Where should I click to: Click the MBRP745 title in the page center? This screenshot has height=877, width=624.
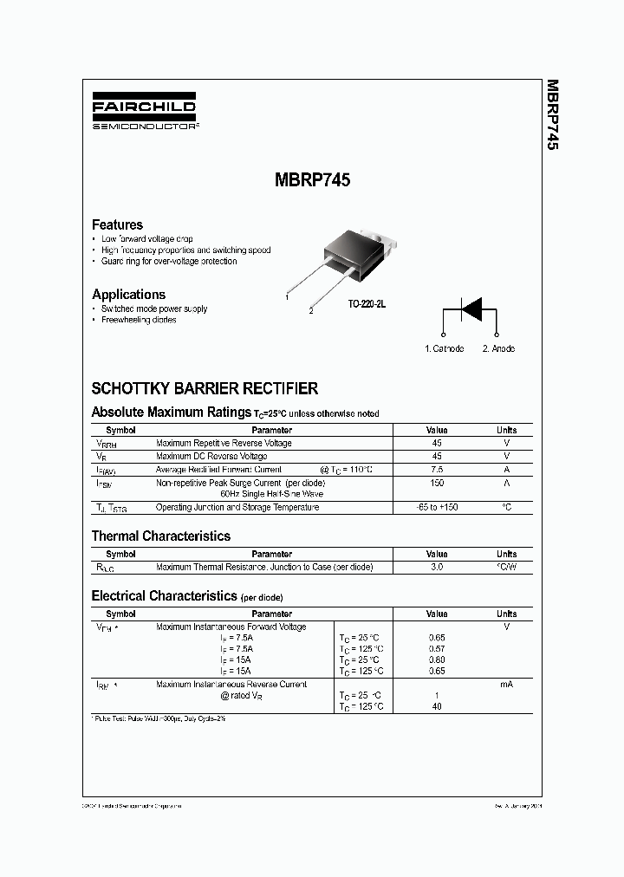point(312,182)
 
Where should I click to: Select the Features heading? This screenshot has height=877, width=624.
point(117,224)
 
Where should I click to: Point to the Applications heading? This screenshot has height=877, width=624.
point(128,295)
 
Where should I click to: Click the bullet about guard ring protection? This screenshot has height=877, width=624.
point(169,261)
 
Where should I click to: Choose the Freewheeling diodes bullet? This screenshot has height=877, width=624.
point(139,320)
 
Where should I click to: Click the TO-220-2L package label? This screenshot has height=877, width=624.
point(367,304)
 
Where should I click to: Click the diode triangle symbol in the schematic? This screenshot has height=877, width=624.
point(470,309)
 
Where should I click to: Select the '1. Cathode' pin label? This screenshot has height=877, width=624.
point(444,348)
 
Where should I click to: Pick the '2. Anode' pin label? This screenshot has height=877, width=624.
point(498,348)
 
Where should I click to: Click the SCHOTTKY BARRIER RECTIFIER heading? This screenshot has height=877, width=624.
point(205,389)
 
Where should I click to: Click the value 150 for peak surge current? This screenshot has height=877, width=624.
point(437,482)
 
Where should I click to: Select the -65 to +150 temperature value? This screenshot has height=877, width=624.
point(437,507)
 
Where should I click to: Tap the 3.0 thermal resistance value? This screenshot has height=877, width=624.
point(437,567)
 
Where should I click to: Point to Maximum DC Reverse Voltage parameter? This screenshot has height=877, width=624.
point(211,456)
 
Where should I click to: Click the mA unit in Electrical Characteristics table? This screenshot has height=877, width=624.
point(506,685)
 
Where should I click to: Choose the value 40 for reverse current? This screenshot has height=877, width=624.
point(437,707)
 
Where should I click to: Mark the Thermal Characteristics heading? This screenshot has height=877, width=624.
point(161,536)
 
